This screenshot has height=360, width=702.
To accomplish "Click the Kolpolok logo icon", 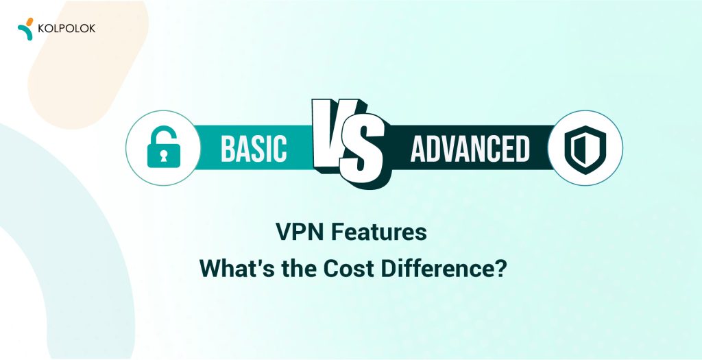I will tap(26, 29).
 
